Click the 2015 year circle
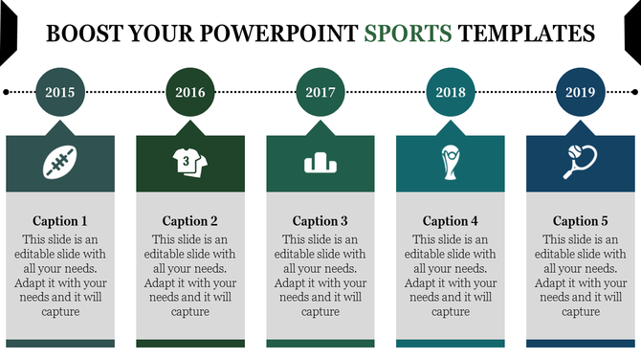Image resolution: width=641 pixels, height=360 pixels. point(59,93)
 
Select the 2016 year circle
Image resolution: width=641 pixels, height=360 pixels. point(189,93)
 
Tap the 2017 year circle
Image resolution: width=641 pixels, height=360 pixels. point(320,93)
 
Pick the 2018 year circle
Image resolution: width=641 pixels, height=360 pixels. point(451,93)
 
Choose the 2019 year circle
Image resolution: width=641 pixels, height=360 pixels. point(581,93)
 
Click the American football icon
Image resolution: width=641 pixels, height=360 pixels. point(59,163)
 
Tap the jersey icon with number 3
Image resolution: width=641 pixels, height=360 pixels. point(189,163)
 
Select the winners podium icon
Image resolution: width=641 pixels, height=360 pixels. point(320,164)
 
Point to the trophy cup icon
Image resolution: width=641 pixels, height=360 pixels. point(451,163)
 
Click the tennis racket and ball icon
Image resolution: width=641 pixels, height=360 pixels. point(581,162)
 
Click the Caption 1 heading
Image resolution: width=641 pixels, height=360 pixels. point(59,221)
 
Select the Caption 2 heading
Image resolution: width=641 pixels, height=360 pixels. point(189,221)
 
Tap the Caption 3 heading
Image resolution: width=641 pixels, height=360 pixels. point(320,221)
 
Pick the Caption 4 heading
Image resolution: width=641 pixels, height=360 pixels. point(451,221)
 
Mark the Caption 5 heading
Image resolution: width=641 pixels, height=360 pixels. point(581,221)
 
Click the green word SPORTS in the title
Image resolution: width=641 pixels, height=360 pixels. point(408,34)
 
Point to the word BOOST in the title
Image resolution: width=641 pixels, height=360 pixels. point(84,34)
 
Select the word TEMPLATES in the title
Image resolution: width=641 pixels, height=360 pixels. point(527,34)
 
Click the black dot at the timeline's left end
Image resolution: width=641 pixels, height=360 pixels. point(7,93)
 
